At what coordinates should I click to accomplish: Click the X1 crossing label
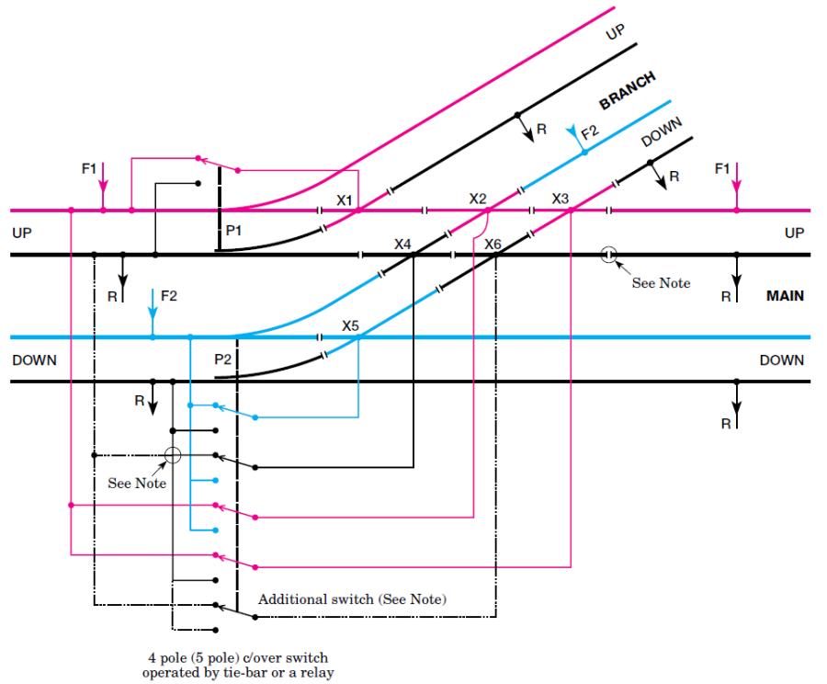click(x=345, y=199)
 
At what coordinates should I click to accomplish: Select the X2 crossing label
click(x=478, y=199)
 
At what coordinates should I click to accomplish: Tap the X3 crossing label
click(x=561, y=199)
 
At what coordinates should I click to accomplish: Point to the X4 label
click(x=402, y=244)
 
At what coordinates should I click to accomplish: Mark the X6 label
click(x=493, y=244)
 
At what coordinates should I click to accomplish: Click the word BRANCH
click(x=628, y=90)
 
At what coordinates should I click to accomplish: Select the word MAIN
click(x=785, y=296)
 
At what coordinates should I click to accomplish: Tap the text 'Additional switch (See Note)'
click(x=352, y=599)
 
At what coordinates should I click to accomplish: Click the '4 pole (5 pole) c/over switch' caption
click(x=237, y=658)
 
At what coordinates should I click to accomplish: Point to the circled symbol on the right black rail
click(x=607, y=255)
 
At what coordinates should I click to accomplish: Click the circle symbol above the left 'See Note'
click(x=172, y=455)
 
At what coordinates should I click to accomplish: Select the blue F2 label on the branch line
click(x=589, y=131)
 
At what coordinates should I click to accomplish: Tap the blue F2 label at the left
click(x=169, y=296)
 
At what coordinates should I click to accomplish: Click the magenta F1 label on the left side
click(x=88, y=169)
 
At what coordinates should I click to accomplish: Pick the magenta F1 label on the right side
click(x=722, y=169)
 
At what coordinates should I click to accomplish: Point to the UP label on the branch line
click(x=616, y=33)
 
